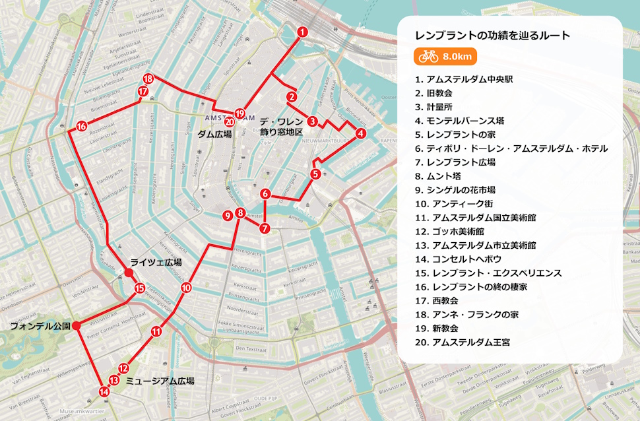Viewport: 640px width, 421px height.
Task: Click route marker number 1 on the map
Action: pos(302,32)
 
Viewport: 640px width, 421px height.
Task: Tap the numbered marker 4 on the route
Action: pos(360,133)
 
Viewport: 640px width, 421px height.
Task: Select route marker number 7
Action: pos(265,229)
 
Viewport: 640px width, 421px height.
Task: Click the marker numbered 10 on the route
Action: pos(186,288)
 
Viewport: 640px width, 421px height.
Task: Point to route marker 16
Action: pos(81,126)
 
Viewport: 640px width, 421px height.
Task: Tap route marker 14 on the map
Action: pos(104,391)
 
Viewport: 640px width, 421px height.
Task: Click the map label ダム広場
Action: pos(214,134)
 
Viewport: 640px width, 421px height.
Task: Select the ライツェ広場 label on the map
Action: pos(156,262)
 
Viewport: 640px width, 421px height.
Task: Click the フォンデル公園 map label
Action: pos(40,326)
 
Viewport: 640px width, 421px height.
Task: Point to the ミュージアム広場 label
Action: pos(160,381)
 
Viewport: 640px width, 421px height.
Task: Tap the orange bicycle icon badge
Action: pos(428,57)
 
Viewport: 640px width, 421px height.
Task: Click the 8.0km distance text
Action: pos(457,57)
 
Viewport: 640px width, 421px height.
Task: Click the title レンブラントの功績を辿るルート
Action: pos(492,36)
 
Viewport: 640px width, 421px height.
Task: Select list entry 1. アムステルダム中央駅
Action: pos(464,79)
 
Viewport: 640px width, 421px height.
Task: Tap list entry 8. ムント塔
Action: pos(437,176)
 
